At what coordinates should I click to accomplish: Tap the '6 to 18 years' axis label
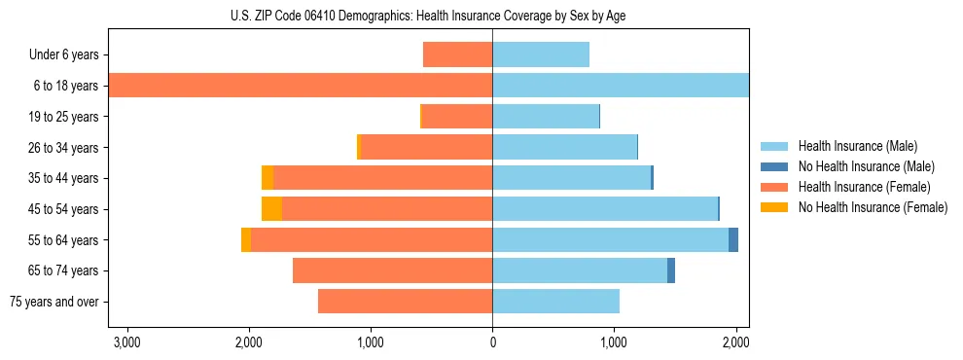[x=66, y=86]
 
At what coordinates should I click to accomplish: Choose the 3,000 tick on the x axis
[x=127, y=342]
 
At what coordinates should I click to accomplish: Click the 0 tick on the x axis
[x=492, y=342]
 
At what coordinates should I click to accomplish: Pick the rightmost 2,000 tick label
[x=735, y=342]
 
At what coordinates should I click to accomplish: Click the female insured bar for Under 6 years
[x=457, y=54]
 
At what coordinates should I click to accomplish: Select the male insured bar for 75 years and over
[x=555, y=302]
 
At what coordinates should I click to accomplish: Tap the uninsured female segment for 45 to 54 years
[x=271, y=209]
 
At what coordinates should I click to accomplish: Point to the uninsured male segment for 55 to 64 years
[x=733, y=239]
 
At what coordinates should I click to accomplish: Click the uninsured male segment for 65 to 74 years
[x=671, y=270]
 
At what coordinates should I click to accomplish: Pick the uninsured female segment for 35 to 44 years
[x=267, y=178]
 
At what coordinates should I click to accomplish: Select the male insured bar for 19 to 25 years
[x=545, y=117]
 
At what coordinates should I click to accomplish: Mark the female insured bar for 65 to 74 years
[x=392, y=270]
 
